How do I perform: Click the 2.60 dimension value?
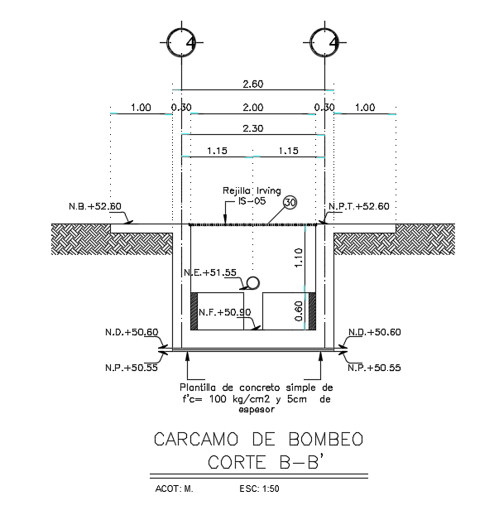click(252, 84)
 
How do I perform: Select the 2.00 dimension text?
click(252, 108)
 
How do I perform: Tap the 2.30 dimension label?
click(252, 128)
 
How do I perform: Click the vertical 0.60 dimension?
click(300, 311)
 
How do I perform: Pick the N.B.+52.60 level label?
click(94, 207)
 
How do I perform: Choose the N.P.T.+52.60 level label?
click(358, 207)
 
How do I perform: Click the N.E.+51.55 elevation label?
click(209, 272)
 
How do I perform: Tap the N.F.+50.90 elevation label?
click(224, 312)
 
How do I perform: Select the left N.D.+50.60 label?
click(132, 332)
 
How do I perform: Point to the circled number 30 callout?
click(290, 203)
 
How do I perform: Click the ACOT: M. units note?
click(174, 489)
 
